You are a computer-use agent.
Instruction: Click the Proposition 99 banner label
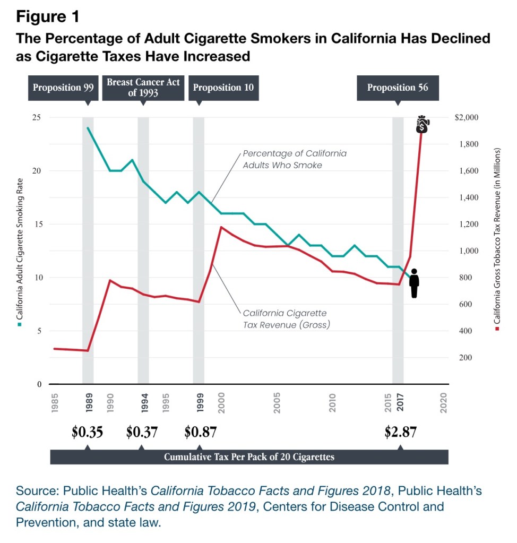tap(63, 88)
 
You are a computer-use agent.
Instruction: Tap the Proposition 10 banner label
tap(223, 88)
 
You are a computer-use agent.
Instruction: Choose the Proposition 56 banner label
tap(398, 88)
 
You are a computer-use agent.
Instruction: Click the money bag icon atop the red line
tap(423, 124)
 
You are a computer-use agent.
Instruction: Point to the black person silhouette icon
tap(415, 283)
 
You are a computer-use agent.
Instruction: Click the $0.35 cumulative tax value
tap(87, 432)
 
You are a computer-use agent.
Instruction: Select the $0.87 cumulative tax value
tap(200, 432)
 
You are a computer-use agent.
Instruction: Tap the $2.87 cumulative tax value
tap(400, 432)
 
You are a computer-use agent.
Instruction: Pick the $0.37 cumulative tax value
tap(142, 432)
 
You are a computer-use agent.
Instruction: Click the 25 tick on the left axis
tap(37, 117)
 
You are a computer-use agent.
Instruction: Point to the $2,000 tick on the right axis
tap(467, 117)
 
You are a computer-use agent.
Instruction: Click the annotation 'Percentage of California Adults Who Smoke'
tap(295, 159)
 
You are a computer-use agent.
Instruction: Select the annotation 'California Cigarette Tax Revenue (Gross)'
tap(286, 318)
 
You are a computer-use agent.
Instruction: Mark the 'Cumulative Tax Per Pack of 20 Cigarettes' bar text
tap(249, 457)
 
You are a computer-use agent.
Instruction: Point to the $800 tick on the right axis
tap(464, 278)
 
